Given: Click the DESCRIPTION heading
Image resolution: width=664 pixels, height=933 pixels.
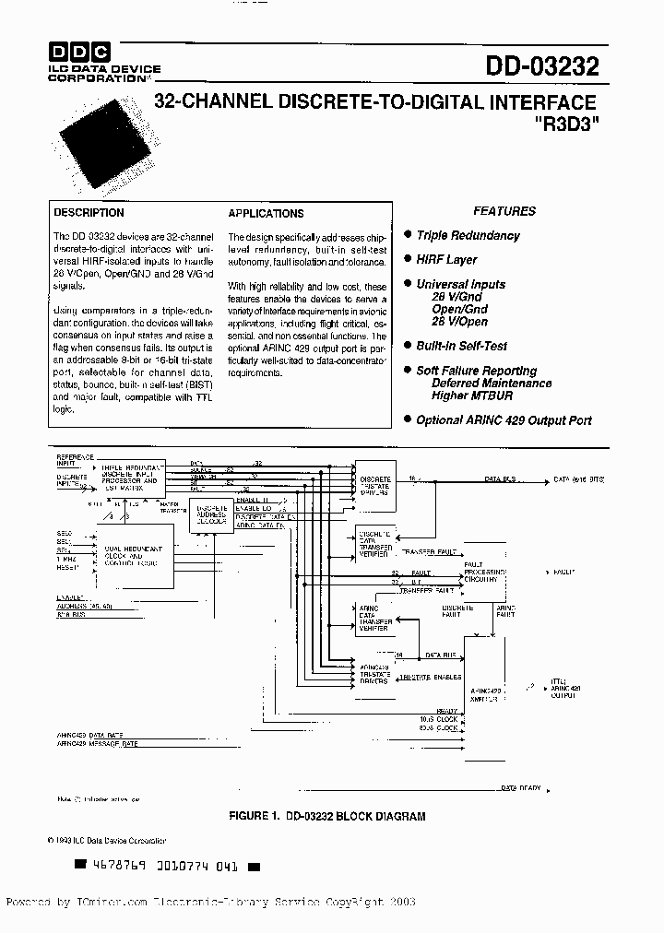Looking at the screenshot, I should coord(89,213).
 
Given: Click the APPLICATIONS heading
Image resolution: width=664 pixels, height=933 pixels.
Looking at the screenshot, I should coord(266,213).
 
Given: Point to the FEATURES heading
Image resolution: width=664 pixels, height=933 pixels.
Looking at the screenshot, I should coord(504,211).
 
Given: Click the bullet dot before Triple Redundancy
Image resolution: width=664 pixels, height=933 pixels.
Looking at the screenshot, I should coord(408,236).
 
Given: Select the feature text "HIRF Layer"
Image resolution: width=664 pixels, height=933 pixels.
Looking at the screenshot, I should coord(446,261).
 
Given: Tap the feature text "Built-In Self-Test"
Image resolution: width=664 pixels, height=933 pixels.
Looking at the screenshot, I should coord(461,346).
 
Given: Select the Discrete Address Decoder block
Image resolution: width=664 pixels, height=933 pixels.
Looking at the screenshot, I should coord(211,514).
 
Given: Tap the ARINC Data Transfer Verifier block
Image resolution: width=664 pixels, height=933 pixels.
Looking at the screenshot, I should coord(374,619).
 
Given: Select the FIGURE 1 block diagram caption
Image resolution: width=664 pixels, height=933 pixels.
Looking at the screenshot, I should coord(327,817).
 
